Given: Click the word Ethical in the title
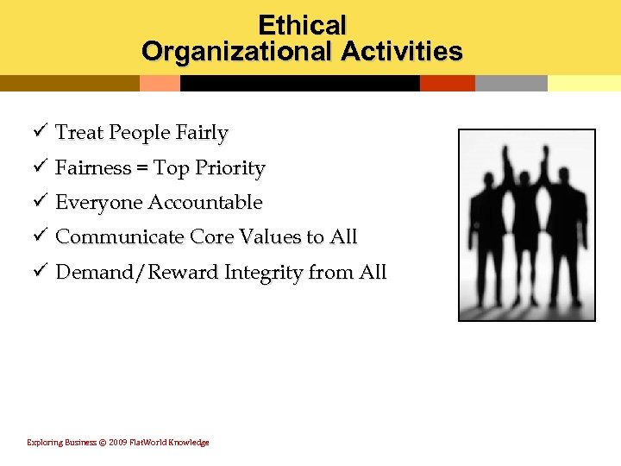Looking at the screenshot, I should [302, 24].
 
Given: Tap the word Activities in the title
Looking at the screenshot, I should [401, 52].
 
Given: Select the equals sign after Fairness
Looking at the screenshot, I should [141, 168].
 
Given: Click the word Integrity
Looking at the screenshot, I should [264, 273].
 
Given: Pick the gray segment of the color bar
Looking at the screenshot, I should [511, 83].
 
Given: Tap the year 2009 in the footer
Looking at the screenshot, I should [118, 443].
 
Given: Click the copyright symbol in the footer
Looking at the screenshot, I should [103, 443].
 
